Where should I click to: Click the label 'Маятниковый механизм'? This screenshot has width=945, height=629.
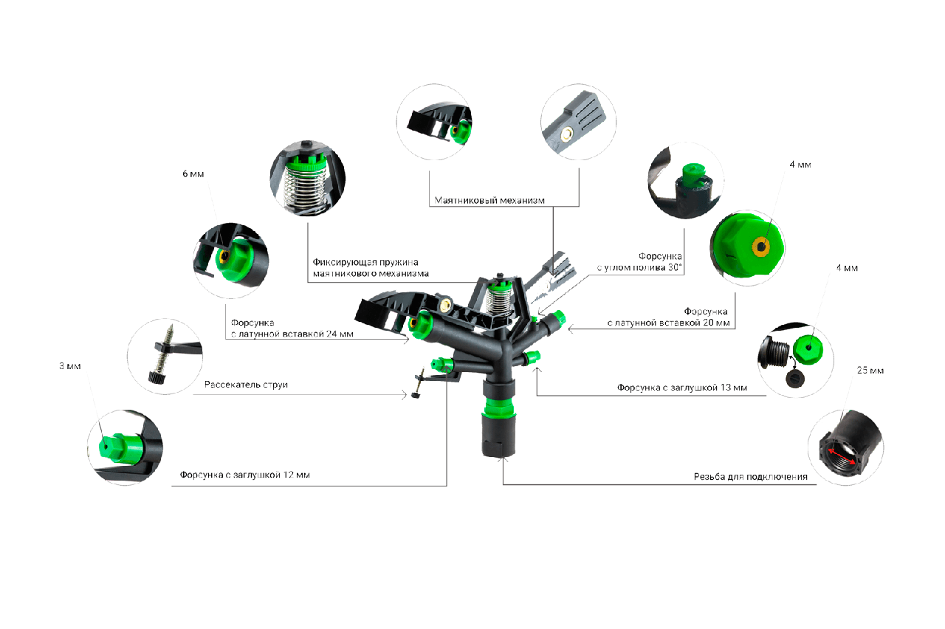point(489,200)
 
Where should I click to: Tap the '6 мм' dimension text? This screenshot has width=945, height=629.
point(193,174)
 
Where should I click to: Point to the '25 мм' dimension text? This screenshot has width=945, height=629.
point(870,370)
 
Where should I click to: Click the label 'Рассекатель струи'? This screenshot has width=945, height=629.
point(246,385)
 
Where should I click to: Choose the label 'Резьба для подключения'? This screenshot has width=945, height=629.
point(750,477)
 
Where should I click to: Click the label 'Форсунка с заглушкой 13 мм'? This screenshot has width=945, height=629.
point(681,387)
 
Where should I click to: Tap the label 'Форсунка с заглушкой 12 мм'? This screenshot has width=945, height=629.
point(244,475)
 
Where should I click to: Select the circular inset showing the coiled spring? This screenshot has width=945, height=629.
point(304,176)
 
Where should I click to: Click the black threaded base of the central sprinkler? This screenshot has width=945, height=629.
point(498,435)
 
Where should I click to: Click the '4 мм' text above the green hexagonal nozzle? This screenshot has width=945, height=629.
point(800,165)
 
